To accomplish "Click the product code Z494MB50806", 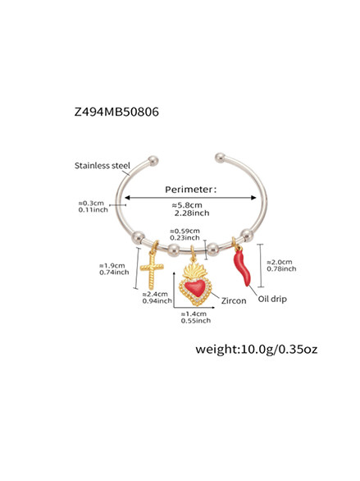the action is (116, 112).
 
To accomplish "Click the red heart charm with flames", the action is (195, 281).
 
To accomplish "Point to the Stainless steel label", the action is (103, 166).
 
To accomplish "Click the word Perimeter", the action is (189, 190).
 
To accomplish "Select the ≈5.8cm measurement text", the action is (187, 205).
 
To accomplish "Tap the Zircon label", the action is (234, 300).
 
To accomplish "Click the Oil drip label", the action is (272, 299).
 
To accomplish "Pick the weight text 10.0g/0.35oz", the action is (257, 349).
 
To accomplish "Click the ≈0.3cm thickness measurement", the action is (91, 203).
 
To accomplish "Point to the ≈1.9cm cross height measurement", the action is (112, 266).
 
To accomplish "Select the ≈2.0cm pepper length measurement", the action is (280, 262).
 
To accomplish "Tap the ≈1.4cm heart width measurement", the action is (194, 314).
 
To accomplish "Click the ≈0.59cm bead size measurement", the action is (185, 231).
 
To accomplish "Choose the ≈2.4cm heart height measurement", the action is (155, 294).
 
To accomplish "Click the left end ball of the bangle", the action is (153, 161).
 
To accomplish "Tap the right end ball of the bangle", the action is (220, 158).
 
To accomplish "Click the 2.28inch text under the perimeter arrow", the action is (192, 213).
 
